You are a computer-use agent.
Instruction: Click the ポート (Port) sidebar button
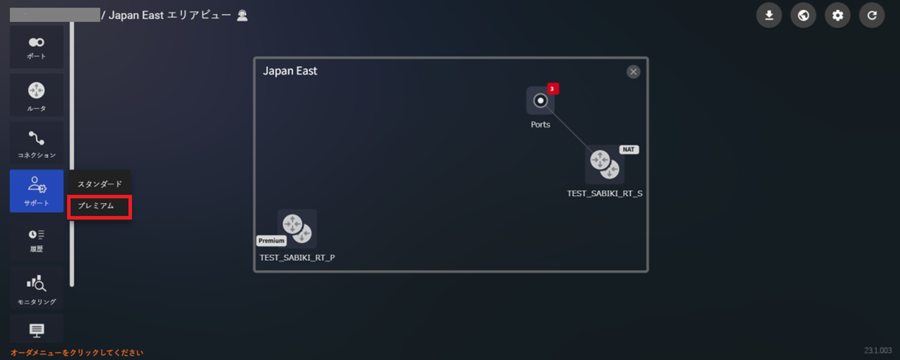coord(37,47)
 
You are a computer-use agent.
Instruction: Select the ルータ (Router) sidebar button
coord(37,95)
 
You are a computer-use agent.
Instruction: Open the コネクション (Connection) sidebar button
coord(37,143)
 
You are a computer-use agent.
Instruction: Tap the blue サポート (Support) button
coord(37,191)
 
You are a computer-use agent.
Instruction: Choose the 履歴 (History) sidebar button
coord(37,239)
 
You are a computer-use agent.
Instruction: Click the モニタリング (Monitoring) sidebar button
coord(37,288)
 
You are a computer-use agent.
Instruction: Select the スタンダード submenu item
coord(99,184)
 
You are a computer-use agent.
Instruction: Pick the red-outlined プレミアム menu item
coord(99,207)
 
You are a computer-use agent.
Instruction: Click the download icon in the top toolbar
coord(769,15)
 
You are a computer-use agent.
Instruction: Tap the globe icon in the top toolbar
coord(803,15)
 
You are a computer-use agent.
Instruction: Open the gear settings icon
coord(837,15)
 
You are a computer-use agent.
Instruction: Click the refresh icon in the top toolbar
coord(872,15)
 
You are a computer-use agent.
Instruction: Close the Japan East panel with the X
coord(634,72)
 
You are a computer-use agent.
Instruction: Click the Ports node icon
coord(540,101)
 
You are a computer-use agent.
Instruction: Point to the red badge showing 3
coord(553,89)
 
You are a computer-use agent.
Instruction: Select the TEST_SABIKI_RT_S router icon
coord(604,165)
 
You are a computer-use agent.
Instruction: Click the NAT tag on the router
coord(629,150)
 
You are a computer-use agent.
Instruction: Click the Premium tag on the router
coord(271,240)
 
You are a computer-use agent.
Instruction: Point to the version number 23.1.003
coord(878,350)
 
